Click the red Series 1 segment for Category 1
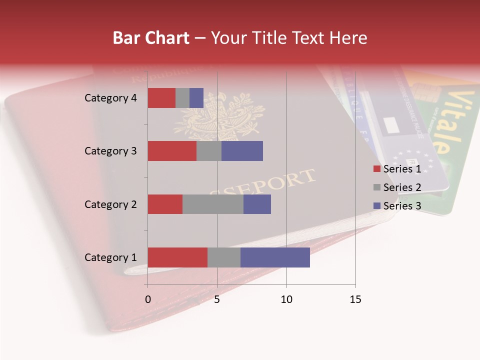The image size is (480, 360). point(177,257)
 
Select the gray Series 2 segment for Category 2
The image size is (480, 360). point(213,204)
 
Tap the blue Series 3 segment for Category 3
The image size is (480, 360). point(242,151)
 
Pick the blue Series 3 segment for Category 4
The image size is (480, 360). point(196,98)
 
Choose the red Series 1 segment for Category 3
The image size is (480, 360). point(172,151)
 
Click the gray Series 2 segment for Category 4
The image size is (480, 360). point(182,98)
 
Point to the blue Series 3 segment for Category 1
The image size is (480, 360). point(275,257)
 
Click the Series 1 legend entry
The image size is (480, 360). point(397,169)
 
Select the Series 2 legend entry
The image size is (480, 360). point(397,187)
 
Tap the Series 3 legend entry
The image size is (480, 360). point(397,206)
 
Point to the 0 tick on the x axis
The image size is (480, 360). point(147,299)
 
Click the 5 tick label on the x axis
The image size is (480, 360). point(217,299)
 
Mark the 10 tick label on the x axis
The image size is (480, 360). point(286,299)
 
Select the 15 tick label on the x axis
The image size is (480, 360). point(355,299)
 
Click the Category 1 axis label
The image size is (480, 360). point(110,257)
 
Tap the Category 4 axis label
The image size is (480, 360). point(110,98)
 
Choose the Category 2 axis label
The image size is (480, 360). point(110,204)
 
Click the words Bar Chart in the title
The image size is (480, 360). point(151,37)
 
